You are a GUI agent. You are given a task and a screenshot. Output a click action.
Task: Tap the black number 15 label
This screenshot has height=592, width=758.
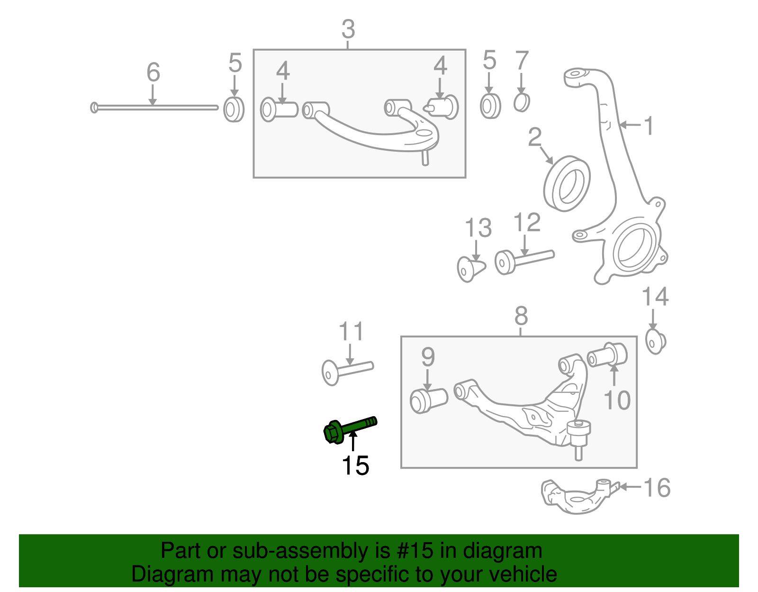(x=355, y=465)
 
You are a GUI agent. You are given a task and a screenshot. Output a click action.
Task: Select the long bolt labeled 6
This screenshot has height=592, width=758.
(x=154, y=108)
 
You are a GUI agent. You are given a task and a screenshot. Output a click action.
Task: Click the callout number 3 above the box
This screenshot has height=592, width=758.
(x=348, y=29)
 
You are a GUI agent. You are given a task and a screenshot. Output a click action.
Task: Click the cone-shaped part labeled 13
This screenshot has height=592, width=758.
(x=470, y=269)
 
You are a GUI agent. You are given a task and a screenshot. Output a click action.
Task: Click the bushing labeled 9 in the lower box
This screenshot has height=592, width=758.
(x=428, y=400)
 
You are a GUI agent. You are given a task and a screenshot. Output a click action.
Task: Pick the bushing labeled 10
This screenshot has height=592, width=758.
(x=608, y=355)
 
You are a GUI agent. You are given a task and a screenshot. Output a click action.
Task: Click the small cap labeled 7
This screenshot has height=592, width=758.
(x=522, y=102)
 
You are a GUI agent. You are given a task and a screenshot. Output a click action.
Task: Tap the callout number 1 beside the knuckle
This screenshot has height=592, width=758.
(x=649, y=126)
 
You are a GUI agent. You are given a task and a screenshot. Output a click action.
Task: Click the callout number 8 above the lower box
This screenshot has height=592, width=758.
(x=521, y=316)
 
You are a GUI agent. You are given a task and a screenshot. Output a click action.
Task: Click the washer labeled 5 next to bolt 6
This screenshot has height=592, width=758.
(x=234, y=109)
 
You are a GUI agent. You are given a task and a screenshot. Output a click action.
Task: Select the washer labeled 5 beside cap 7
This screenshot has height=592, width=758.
(x=490, y=106)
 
